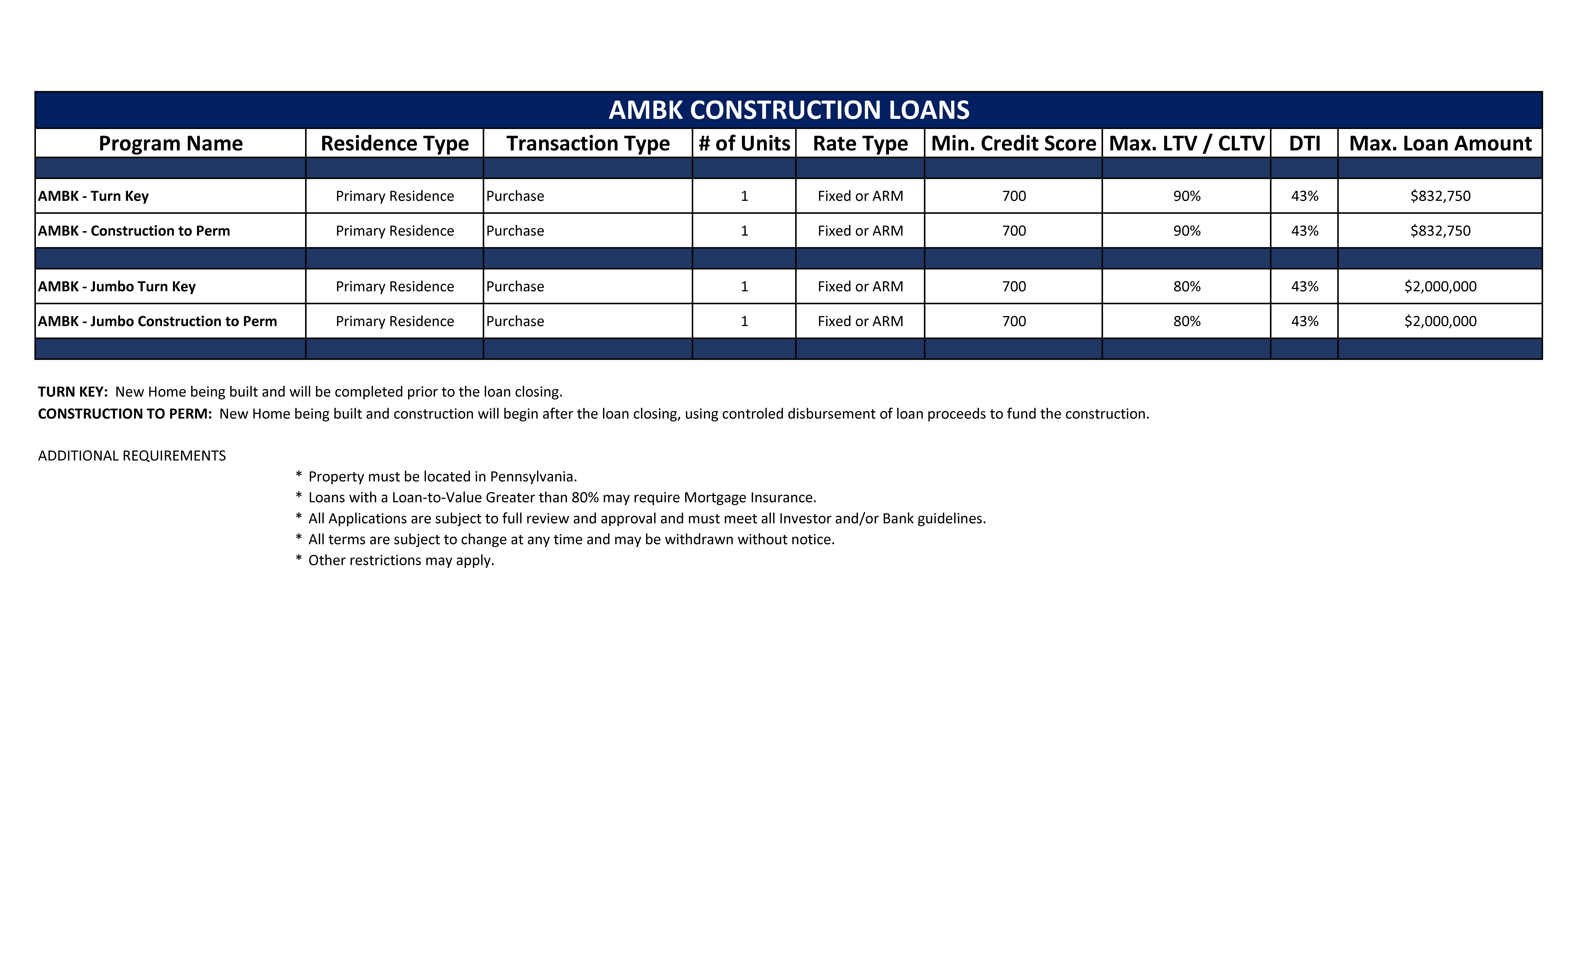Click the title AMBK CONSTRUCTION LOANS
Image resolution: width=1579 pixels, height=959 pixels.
tap(789, 110)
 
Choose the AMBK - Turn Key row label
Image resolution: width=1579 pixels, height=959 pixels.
tap(94, 196)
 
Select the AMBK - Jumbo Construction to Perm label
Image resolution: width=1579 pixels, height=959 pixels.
tap(158, 321)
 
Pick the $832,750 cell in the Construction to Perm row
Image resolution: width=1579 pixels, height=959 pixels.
tap(1440, 231)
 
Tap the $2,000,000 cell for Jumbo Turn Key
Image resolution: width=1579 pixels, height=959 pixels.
tap(1440, 287)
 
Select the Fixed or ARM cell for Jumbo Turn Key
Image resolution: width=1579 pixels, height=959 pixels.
tap(860, 287)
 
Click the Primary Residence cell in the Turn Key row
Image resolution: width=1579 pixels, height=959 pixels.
tap(395, 196)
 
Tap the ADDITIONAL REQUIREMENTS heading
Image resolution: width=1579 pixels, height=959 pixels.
tap(132, 456)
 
